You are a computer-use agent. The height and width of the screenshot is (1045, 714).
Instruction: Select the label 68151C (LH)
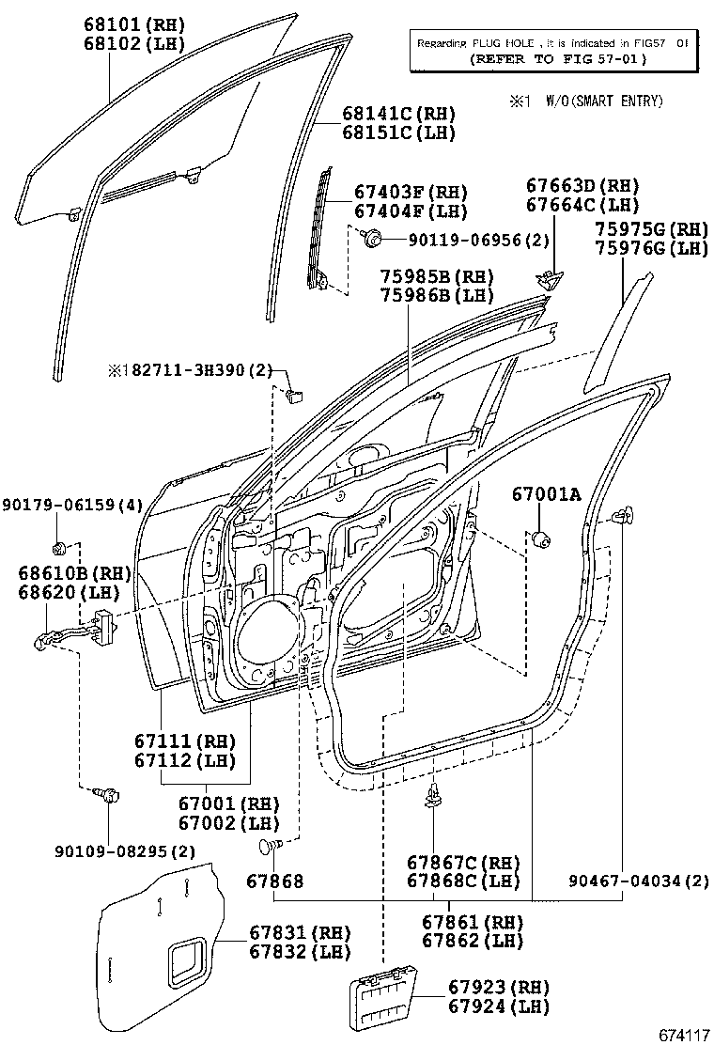point(398,133)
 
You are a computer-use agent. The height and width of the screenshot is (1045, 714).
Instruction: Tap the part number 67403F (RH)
point(411,193)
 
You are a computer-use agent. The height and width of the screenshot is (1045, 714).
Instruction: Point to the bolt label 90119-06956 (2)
point(465,241)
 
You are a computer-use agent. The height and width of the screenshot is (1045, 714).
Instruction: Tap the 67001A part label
point(546,494)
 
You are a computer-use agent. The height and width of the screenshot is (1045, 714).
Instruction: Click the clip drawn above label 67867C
point(433,797)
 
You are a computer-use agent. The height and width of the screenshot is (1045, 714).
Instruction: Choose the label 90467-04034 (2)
point(639,881)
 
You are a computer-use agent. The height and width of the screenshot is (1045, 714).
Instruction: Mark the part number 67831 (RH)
point(299,933)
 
